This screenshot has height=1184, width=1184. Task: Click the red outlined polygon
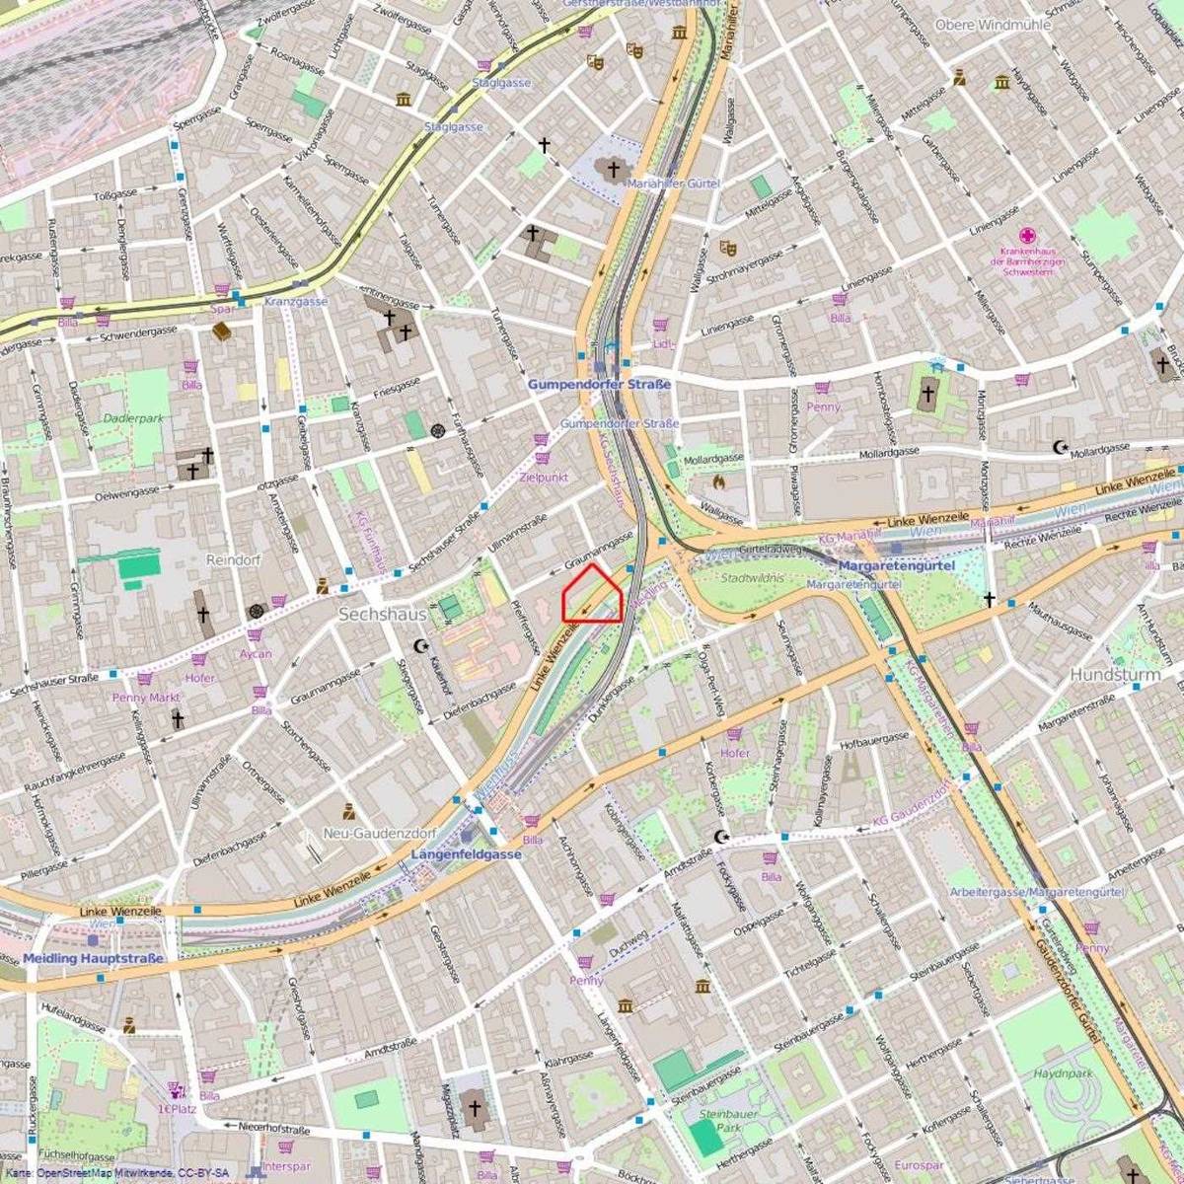click(x=592, y=595)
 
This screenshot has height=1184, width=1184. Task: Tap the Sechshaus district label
click(x=382, y=614)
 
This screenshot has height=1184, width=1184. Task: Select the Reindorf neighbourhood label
click(x=232, y=559)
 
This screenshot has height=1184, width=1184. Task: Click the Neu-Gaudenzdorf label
click(x=380, y=833)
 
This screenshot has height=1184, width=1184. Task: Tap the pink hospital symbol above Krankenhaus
click(x=1027, y=236)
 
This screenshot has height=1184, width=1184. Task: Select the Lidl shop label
click(x=664, y=344)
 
